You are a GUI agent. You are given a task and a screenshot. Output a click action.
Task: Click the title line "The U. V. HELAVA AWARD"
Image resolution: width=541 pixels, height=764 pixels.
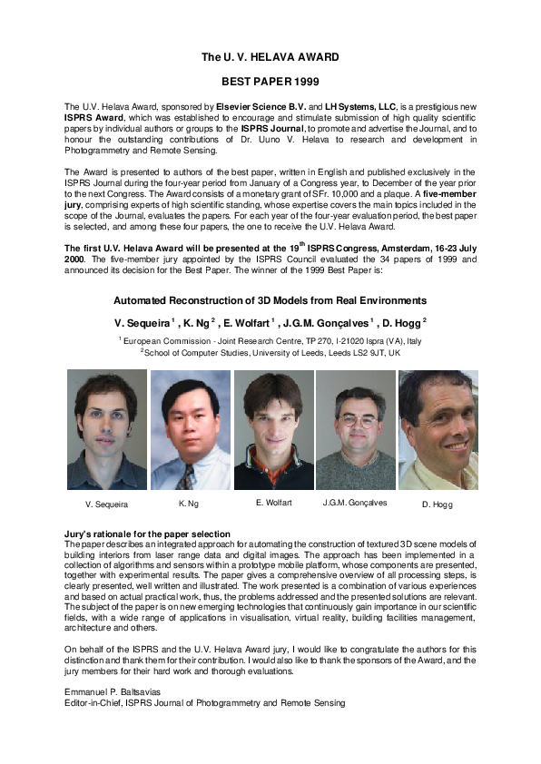(270, 57)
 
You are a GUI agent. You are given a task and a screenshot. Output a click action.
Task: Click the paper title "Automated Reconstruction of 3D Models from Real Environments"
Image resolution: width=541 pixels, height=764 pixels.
(270, 300)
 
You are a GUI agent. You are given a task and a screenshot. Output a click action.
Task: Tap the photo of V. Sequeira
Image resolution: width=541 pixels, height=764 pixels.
(106, 429)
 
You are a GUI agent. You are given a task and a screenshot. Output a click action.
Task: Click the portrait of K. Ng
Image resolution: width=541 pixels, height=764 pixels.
(190, 429)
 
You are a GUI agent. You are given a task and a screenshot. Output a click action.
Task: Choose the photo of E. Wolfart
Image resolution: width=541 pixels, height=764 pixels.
(273, 429)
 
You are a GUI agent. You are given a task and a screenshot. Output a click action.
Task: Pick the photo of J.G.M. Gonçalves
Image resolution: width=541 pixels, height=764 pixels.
(355, 429)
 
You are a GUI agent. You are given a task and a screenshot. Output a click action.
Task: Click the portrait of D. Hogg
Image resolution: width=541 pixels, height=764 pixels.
(438, 429)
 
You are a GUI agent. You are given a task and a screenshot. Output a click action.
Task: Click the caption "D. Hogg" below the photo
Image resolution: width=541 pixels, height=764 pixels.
(437, 504)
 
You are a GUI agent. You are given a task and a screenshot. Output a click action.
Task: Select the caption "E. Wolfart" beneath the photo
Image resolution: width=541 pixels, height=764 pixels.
(272, 502)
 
